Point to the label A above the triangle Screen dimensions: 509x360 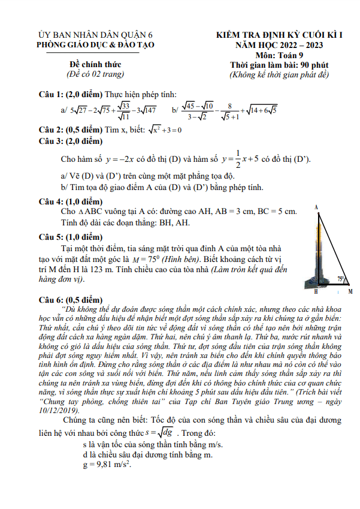(x=316, y=207)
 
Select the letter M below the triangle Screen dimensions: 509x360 (x=350, y=291)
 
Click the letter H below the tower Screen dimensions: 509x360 (x=316, y=291)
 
